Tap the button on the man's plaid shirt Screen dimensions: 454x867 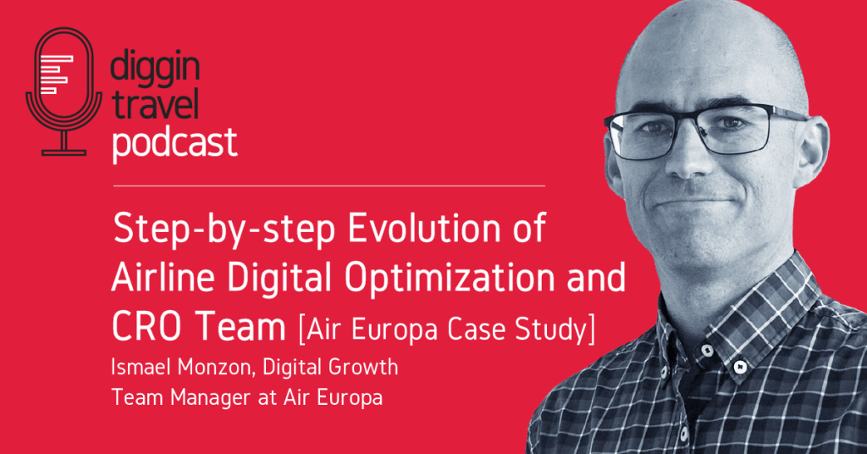click(739, 367)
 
